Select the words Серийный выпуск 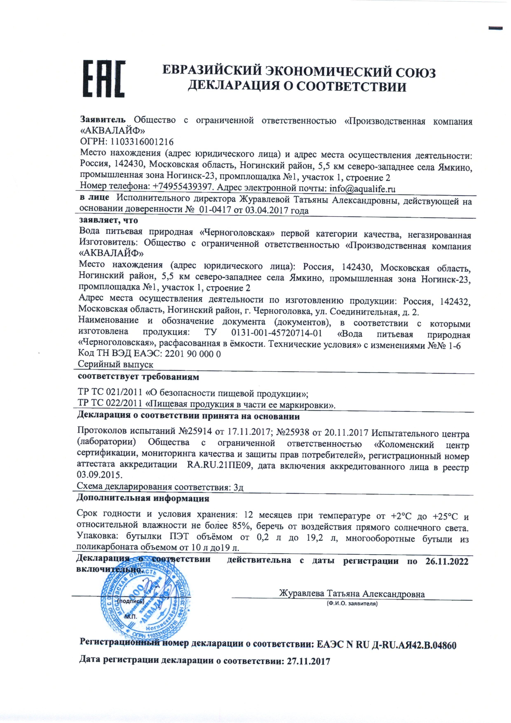[116, 365]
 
